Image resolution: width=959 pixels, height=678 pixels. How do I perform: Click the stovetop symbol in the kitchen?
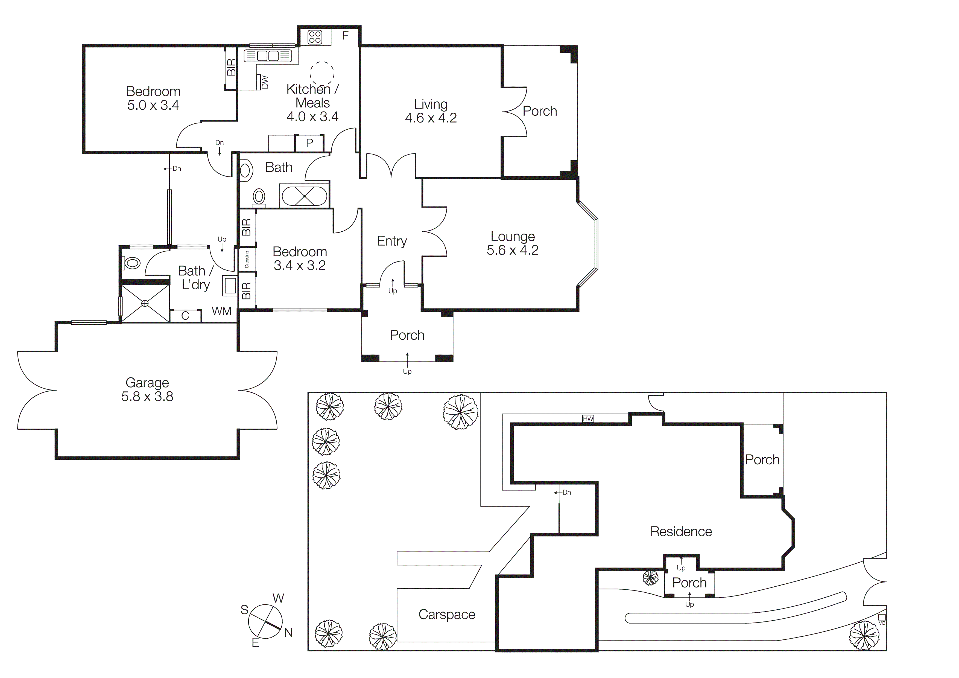point(315,37)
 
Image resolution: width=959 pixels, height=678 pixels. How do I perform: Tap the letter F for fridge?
point(346,36)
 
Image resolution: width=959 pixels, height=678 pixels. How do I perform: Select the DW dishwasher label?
point(264,82)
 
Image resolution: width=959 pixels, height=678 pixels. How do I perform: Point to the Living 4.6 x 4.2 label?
point(431,111)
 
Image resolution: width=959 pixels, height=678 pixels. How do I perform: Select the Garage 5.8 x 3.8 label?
point(147,389)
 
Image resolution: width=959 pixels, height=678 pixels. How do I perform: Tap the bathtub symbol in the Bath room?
point(304,196)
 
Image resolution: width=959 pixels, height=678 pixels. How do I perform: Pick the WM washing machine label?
point(221,311)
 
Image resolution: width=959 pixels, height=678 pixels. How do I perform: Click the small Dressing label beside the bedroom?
point(247,260)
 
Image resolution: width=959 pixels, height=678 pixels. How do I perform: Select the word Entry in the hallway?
point(391,241)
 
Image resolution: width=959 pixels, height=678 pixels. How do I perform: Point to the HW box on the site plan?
point(588,418)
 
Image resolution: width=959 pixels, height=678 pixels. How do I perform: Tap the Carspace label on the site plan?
point(446,615)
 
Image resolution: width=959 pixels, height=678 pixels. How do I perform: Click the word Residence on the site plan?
point(681,532)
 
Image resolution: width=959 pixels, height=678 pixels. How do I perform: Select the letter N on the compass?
point(288,633)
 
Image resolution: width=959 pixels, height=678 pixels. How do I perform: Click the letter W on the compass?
point(278,598)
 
